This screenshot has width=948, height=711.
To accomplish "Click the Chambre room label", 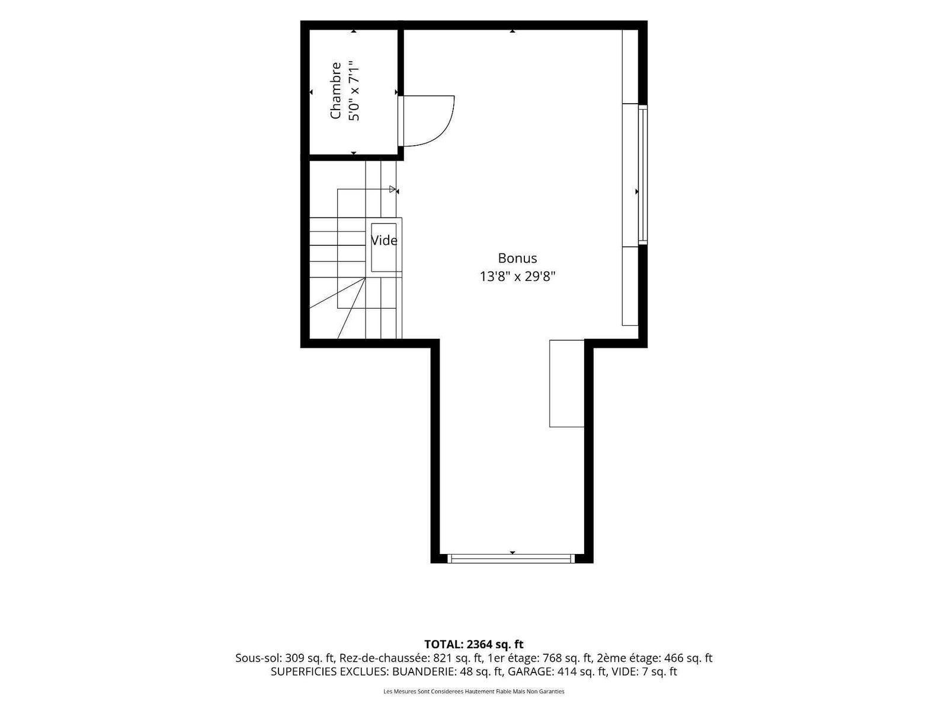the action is [335, 91].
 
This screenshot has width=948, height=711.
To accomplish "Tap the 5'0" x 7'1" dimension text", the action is [354, 91].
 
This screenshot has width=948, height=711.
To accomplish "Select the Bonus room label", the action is [517, 258].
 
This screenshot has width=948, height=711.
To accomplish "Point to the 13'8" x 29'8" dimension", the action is [517, 276].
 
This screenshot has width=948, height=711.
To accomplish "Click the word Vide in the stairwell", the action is [384, 241].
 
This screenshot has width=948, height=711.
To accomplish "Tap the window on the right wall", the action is [643, 174].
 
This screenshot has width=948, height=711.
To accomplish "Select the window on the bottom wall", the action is [511, 558].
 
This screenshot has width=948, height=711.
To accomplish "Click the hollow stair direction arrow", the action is [392, 189].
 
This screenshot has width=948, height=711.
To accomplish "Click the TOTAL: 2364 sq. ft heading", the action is [474, 645].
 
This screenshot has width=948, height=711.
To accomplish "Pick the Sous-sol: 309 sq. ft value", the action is [285, 658].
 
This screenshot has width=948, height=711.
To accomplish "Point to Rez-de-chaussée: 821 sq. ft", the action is [411, 658].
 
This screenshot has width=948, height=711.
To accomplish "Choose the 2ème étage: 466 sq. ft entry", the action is [654, 658].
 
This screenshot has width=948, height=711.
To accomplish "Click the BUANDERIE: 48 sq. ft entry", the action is [447, 672].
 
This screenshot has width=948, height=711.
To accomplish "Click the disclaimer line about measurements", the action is [474, 691].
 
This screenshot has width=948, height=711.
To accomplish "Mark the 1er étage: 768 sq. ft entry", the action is [539, 658].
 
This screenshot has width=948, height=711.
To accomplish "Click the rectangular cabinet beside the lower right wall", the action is [566, 383].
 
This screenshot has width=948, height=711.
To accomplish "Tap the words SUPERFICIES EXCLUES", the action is [329, 672].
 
